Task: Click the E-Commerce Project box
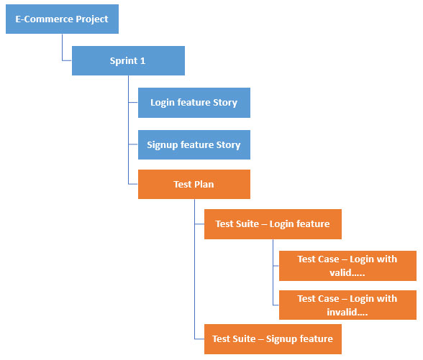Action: [x=62, y=19]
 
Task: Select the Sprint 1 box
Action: [x=128, y=60]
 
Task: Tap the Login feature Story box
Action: [x=194, y=103]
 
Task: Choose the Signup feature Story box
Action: [x=194, y=144]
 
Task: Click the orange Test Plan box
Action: [x=194, y=184]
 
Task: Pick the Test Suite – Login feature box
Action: [x=273, y=224]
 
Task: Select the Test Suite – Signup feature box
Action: [x=273, y=339]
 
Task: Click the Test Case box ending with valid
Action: [x=347, y=266]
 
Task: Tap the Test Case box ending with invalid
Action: [x=347, y=305]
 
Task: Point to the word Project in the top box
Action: [x=92, y=19]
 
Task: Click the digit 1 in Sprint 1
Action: [x=142, y=60]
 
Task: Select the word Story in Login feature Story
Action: [x=225, y=103]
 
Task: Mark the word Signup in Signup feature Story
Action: [x=163, y=145]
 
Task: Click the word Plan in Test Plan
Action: [x=204, y=184]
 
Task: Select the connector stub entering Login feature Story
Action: [x=133, y=102]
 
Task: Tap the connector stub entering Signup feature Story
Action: [x=133, y=144]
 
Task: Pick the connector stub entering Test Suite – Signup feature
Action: [x=199, y=339]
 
